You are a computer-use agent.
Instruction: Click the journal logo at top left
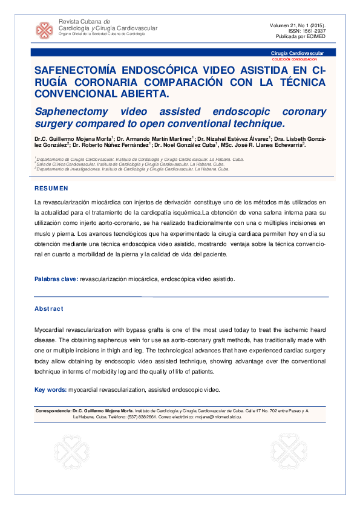click(x=44, y=30)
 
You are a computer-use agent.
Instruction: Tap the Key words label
click(x=50, y=390)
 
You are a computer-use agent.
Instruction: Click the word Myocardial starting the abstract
click(x=51, y=329)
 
